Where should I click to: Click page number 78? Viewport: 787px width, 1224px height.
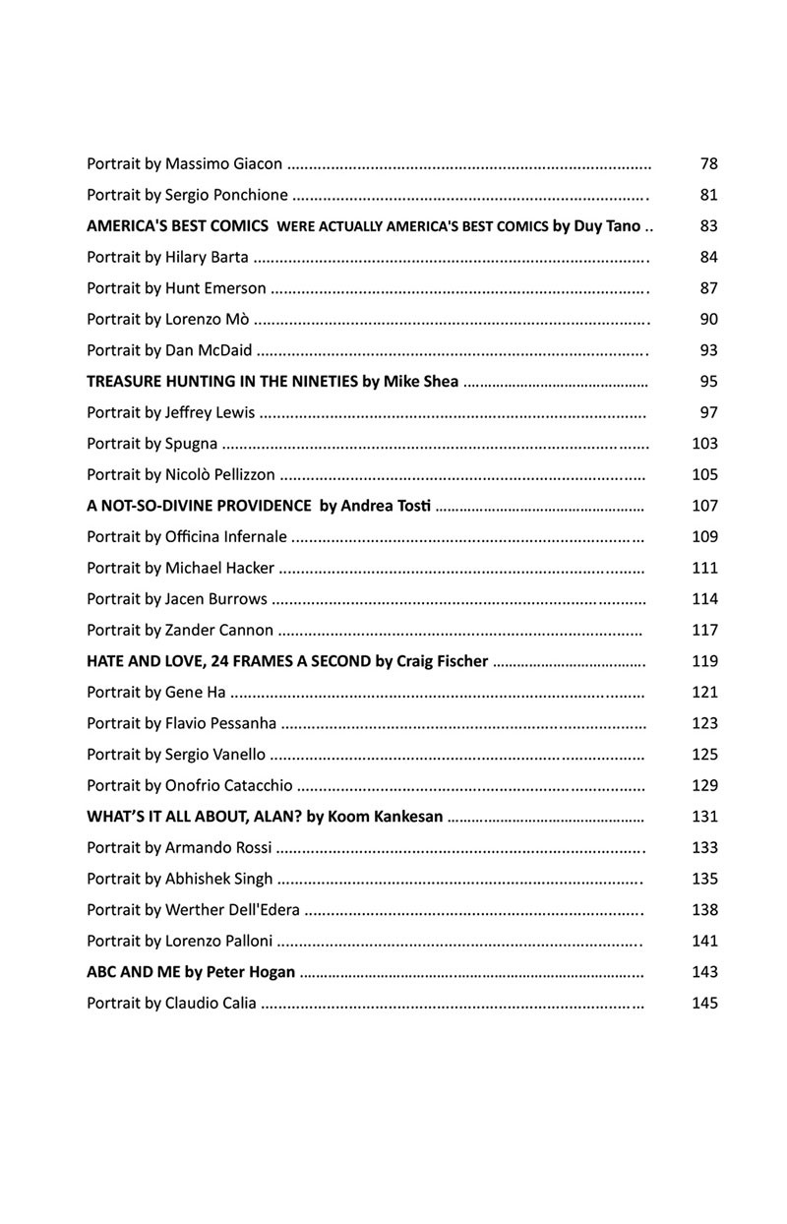pos(708,163)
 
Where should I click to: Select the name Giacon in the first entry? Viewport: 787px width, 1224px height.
pos(258,163)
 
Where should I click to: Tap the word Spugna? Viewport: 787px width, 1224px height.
pos(192,444)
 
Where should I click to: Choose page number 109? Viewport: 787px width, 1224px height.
pos(705,537)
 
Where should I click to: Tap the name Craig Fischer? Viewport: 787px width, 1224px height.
pos(443,661)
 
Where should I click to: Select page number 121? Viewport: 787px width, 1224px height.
pos(705,693)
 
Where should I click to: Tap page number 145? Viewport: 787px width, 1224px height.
pos(705,1004)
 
